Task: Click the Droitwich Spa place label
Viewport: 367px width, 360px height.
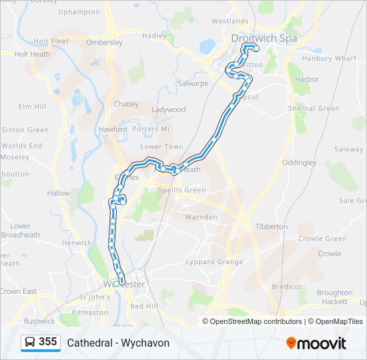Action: (264, 38)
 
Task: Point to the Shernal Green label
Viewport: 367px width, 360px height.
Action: (314, 109)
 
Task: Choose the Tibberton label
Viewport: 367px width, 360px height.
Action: (272, 227)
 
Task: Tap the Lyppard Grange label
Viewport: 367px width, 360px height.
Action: (214, 262)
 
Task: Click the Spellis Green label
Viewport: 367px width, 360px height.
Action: (182, 190)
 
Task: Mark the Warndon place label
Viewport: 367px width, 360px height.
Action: (201, 217)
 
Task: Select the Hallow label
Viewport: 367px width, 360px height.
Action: (58, 193)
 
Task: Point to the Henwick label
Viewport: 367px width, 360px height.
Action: (77, 243)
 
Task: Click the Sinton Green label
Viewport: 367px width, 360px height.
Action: (25, 130)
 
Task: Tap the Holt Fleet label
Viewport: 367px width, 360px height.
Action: (51, 41)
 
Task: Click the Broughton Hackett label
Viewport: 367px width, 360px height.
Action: (334, 297)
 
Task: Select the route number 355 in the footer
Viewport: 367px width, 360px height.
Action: (47, 342)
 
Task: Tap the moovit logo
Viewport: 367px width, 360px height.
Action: (316, 343)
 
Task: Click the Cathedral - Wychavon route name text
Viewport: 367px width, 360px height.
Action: (118, 343)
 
